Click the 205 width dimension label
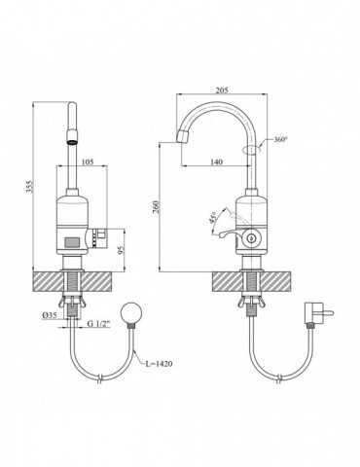tap(223, 90)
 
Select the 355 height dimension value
tap(29, 186)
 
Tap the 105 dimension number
tap(88, 162)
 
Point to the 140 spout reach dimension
tap(217, 162)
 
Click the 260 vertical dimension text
tap(156, 206)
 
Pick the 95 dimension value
tap(121, 250)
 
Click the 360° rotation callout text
tap(281, 139)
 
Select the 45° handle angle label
tap(213, 217)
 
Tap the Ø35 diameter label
tap(49, 315)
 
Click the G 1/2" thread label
tap(99, 323)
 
